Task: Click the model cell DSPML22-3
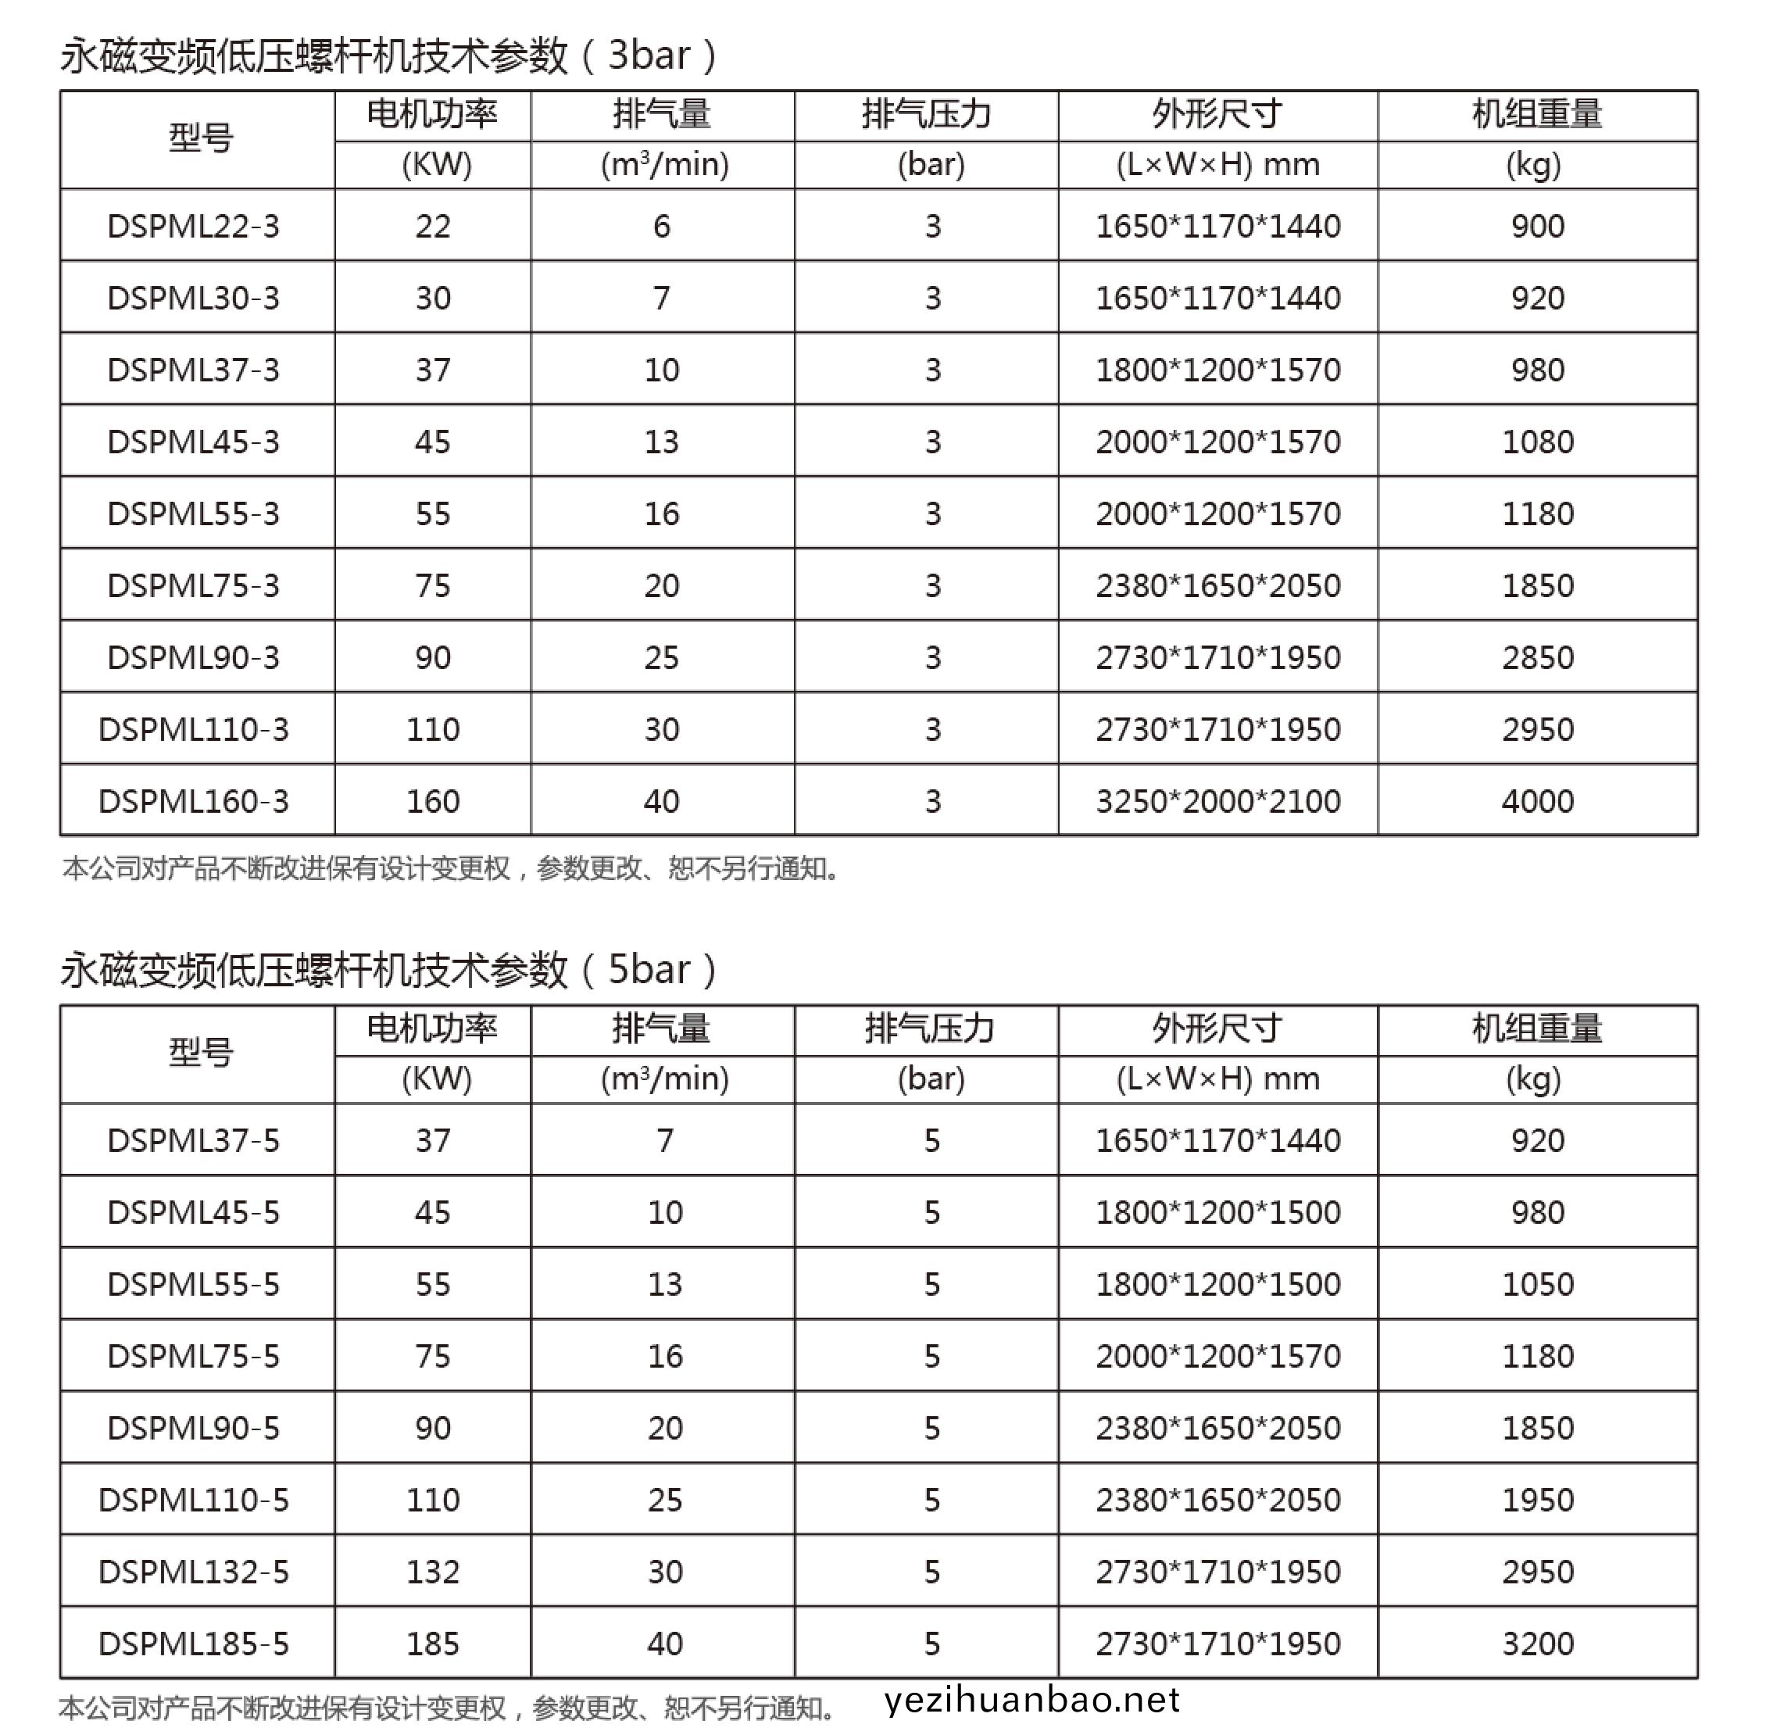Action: (193, 226)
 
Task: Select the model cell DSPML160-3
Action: (193, 801)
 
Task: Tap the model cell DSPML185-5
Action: (193, 1643)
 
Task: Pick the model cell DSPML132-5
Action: (193, 1571)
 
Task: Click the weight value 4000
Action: (1537, 801)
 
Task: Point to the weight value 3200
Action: (1537, 1643)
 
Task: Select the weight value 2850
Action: (1537, 657)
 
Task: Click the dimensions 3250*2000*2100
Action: (1217, 801)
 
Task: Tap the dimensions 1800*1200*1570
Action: (1217, 370)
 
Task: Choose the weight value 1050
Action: (1537, 1284)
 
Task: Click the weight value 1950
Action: (1537, 1500)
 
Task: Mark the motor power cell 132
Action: (433, 1571)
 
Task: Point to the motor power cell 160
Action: (433, 801)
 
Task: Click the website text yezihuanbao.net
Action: (1031, 1701)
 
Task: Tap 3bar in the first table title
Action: (649, 56)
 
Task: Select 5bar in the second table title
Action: (649, 970)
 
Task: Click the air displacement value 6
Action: (662, 226)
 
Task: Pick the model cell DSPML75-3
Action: (193, 585)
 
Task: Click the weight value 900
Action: (1537, 226)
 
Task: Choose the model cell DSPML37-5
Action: (193, 1140)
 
